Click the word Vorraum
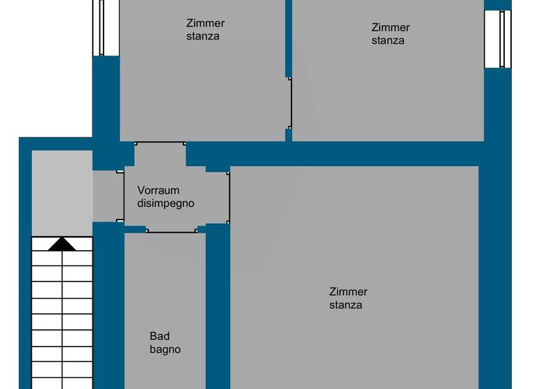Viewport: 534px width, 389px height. (159, 190)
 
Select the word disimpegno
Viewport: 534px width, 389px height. (165, 204)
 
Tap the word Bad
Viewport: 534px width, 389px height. (159, 336)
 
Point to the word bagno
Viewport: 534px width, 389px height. (165, 349)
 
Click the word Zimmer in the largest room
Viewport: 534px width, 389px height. (348, 292)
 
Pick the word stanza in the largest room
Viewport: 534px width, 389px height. (346, 305)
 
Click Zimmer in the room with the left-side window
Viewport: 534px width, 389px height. (206, 23)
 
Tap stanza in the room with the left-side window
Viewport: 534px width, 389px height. (203, 36)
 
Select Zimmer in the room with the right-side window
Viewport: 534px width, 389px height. (391, 28)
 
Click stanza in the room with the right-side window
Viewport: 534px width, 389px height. (388, 40)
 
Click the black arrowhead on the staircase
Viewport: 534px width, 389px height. (62, 244)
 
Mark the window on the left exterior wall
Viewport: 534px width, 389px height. (102, 27)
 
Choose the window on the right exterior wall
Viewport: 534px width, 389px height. (505, 39)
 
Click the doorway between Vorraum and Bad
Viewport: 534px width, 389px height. (171, 231)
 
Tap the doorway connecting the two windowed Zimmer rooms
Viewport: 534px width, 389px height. (289, 103)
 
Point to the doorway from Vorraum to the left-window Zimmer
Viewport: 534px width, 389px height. (160, 144)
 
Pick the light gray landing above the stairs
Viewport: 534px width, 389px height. (62, 192)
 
